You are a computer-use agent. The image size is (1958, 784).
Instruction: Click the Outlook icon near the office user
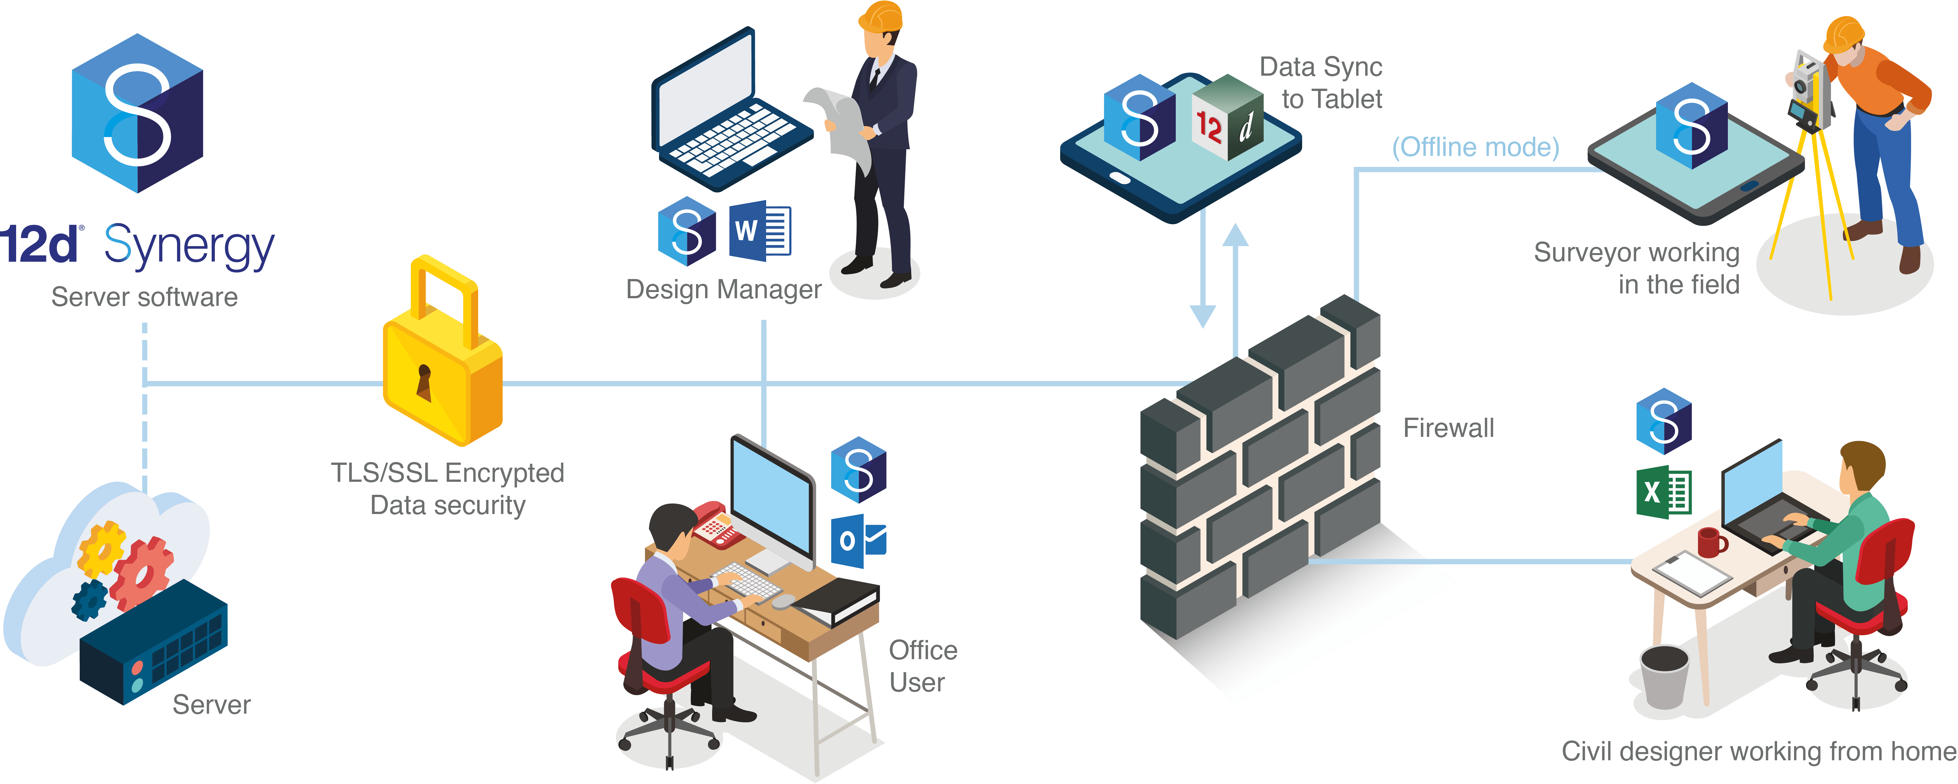click(857, 541)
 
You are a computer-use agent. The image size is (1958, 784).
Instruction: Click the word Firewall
click(1448, 428)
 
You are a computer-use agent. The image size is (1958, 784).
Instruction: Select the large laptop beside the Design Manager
click(722, 114)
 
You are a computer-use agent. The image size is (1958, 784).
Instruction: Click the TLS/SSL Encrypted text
click(447, 472)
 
